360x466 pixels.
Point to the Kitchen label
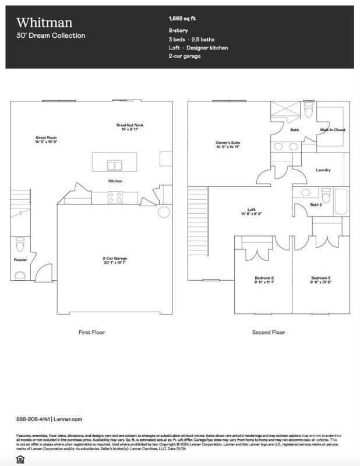pyautogui.click(x=115, y=181)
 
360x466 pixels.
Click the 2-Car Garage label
pyautogui.click(x=115, y=258)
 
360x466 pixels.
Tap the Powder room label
pyautogui.click(x=20, y=260)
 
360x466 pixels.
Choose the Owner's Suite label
pyautogui.click(x=228, y=143)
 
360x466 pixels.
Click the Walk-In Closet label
pyautogui.click(x=333, y=130)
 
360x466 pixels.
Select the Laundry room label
pyautogui.click(x=323, y=170)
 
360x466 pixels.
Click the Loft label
pyautogui.click(x=252, y=209)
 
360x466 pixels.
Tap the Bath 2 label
pyautogui.click(x=316, y=205)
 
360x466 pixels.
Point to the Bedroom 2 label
pyautogui.click(x=264, y=278)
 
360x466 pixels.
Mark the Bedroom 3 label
pyautogui.click(x=320, y=278)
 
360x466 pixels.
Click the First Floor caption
pyautogui.click(x=92, y=332)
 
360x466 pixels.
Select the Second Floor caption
pyautogui.click(x=268, y=332)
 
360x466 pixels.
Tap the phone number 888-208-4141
pyautogui.click(x=33, y=419)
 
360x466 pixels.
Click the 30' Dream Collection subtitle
pyautogui.click(x=51, y=36)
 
